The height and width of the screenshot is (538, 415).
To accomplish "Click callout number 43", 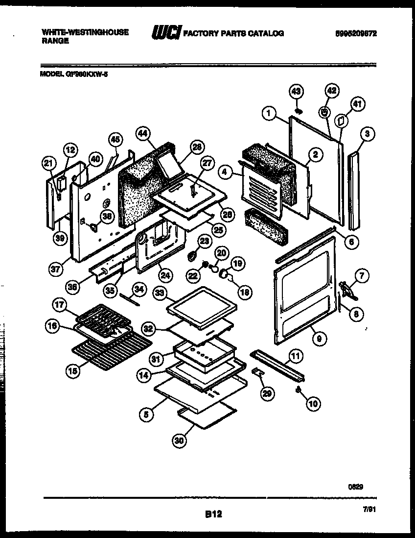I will tap(297, 91).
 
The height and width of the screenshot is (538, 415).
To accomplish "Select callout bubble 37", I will tap(56, 268).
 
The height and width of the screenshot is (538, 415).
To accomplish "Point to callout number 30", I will tap(180, 440).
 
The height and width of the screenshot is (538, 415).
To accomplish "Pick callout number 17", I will tap(60, 305).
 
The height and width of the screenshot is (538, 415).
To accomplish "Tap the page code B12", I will tap(213, 514).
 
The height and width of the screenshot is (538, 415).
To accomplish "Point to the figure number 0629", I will tap(356, 487).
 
